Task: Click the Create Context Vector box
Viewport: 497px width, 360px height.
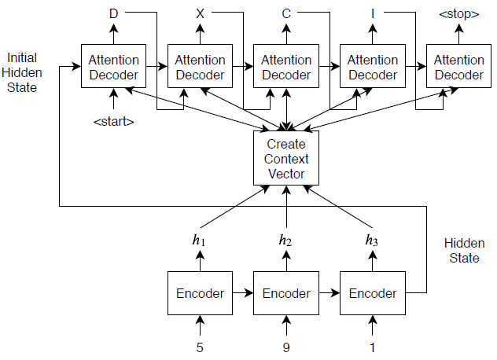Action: (285, 159)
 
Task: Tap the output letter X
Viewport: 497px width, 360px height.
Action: (200, 13)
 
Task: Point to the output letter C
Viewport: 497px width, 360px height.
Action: (286, 13)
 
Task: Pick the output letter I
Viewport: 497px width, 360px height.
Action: (373, 13)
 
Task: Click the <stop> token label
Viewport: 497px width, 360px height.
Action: (459, 13)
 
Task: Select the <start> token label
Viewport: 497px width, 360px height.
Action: (113, 122)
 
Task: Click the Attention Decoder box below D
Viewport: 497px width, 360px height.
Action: (113, 68)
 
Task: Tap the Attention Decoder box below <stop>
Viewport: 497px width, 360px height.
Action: (459, 68)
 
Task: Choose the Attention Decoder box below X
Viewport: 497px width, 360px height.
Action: (200, 68)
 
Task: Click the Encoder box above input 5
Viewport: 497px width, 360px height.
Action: (200, 293)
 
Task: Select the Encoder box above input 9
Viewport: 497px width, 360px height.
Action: (286, 293)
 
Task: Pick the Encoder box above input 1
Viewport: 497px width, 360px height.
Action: (373, 293)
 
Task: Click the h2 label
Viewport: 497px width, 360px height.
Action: (285, 240)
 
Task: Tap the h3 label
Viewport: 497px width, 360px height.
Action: (373, 240)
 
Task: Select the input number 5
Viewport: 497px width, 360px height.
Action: (200, 346)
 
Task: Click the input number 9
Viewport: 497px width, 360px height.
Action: (286, 346)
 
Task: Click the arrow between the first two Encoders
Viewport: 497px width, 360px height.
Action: (243, 293)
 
